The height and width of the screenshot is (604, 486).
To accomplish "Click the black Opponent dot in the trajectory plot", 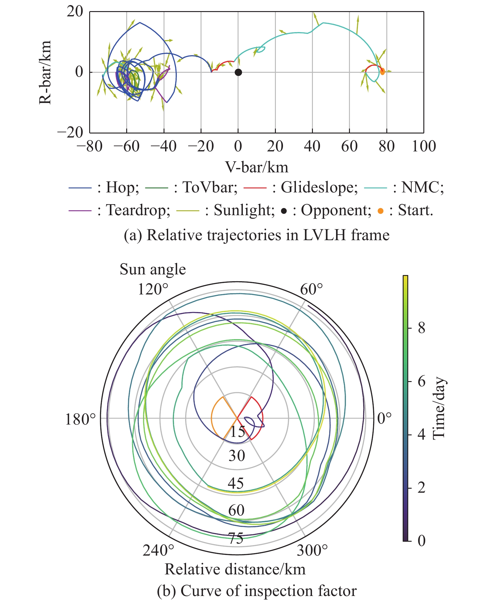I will coord(238,72).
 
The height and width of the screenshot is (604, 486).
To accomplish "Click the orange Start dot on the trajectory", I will coord(382,72).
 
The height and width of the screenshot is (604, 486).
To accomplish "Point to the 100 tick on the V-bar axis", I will coord(424,146).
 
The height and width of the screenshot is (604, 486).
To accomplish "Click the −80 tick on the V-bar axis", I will coord(89,146).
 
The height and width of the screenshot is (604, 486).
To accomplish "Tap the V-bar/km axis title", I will coord(257,167).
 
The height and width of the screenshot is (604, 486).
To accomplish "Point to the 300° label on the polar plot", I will coord(312,550).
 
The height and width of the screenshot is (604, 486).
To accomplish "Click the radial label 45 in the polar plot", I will coord(236,483).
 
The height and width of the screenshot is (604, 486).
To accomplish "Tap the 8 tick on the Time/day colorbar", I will coord(422,328).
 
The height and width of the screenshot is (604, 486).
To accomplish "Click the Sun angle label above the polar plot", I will coord(153,269).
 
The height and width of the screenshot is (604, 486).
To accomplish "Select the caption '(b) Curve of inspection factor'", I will coord(257,591).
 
